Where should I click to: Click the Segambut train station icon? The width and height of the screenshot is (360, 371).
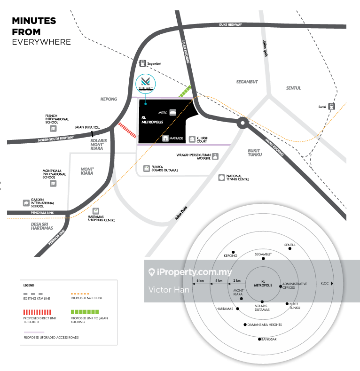[142, 63]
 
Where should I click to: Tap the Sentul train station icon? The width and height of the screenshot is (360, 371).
[332, 107]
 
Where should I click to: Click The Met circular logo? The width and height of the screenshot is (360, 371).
[145, 85]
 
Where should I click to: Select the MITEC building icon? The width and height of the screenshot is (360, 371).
[173, 113]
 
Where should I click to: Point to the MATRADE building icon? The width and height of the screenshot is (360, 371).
[165, 139]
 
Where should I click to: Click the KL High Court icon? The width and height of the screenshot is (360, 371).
[192, 139]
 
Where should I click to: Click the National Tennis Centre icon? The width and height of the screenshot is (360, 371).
[221, 178]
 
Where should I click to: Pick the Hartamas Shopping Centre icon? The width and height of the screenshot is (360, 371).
[96, 211]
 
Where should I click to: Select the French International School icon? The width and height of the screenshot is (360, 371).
[53, 128]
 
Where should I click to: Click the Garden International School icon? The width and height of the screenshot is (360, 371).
[26, 203]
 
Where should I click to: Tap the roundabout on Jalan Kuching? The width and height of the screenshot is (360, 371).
[242, 124]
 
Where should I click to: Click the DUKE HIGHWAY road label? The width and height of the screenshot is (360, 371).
[230, 25]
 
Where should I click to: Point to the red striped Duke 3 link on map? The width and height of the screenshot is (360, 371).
[127, 130]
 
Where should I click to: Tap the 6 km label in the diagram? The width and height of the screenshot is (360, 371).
[200, 281]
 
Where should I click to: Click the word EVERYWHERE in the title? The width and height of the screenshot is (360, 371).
[41, 42]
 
